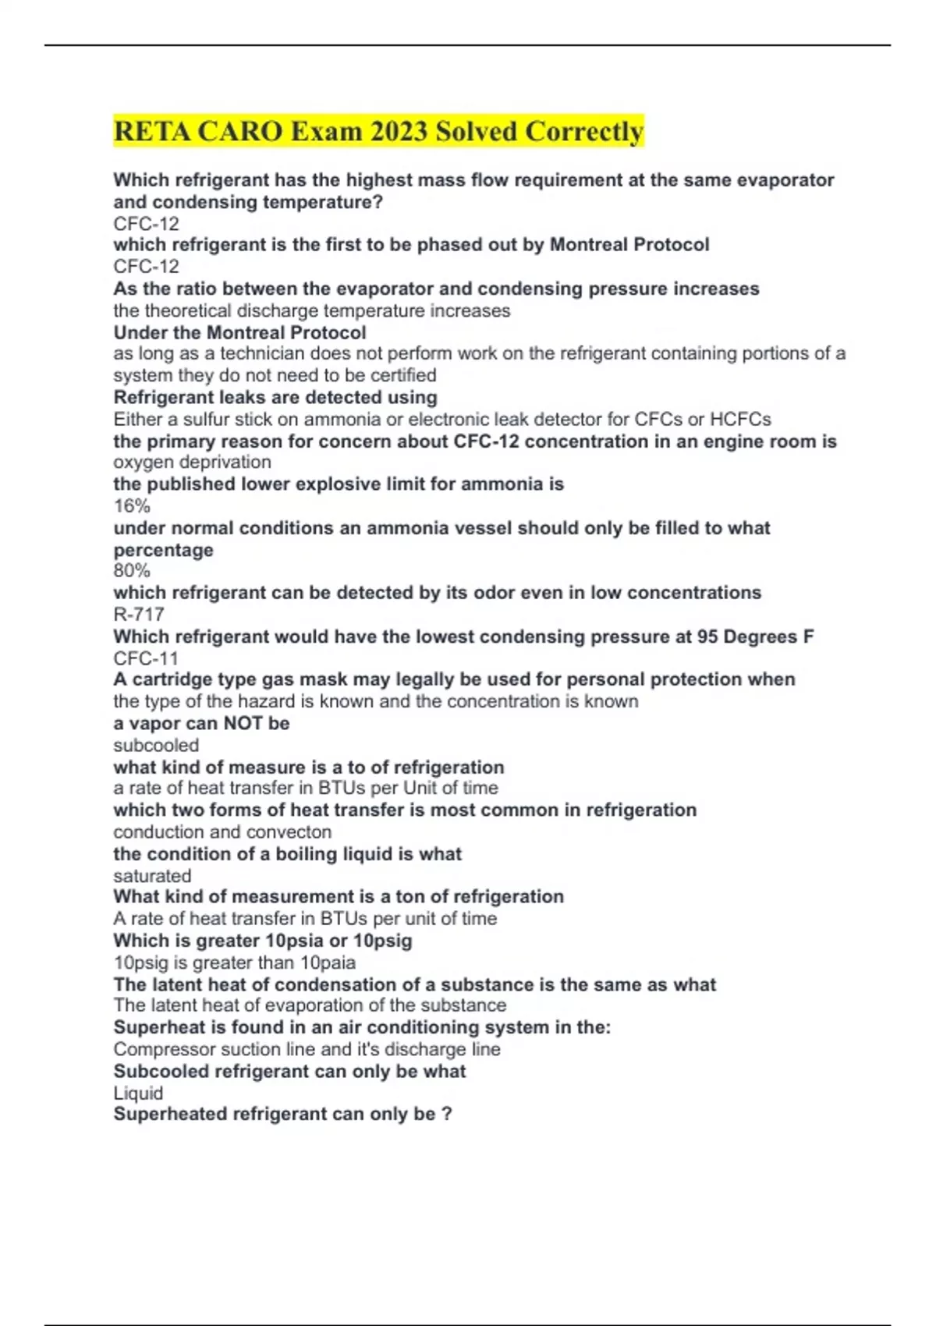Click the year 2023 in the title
tap(399, 131)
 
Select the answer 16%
tap(132, 505)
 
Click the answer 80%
tap(132, 570)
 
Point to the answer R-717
tap(139, 614)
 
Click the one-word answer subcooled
tap(156, 745)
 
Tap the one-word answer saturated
tap(152, 875)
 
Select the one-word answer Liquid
tap(138, 1093)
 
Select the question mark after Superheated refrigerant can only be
tap(446, 1114)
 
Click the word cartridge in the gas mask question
tap(169, 679)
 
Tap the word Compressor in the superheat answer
tap(159, 1049)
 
